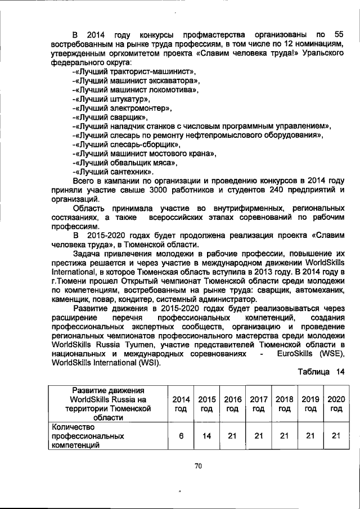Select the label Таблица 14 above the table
pyautogui.click(x=317, y=372)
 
